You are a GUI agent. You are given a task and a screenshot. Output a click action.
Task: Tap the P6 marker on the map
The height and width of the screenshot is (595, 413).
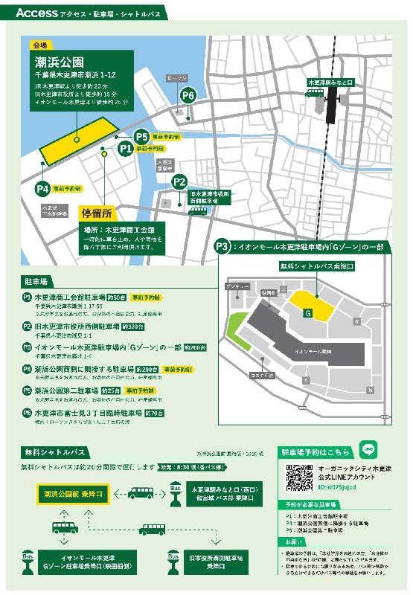point(188,95)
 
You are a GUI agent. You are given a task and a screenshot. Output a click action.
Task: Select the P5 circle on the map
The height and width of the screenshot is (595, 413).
point(142,137)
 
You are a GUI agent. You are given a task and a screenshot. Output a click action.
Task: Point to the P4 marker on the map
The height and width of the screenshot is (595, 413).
point(42,189)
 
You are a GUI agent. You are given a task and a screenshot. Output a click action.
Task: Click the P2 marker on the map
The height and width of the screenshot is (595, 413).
point(179,181)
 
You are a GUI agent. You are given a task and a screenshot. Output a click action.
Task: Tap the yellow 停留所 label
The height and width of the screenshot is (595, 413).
point(100,213)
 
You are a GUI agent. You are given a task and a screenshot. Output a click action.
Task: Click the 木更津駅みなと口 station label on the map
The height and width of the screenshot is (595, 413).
point(333,82)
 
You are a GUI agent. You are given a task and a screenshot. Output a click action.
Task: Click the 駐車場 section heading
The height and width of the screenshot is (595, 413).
point(36,282)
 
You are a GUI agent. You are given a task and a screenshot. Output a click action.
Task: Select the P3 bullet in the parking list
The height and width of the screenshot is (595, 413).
point(27,347)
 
